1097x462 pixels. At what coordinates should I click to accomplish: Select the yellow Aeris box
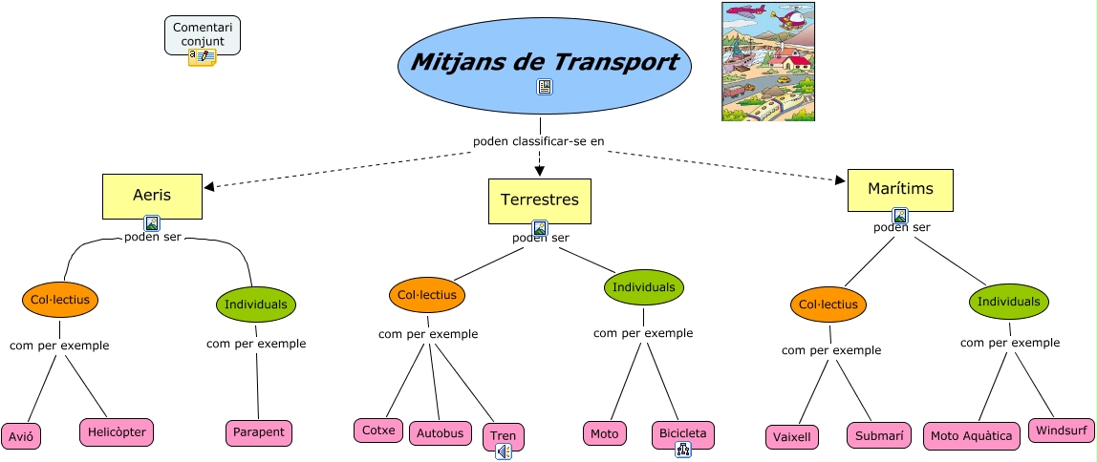tap(152, 196)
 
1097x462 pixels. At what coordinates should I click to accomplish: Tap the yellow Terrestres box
tap(539, 200)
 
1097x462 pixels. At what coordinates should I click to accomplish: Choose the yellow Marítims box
tap(899, 189)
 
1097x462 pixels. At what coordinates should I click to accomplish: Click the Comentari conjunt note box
tap(202, 35)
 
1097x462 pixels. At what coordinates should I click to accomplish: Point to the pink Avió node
tap(21, 437)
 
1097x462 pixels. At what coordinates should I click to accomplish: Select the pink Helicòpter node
tap(117, 431)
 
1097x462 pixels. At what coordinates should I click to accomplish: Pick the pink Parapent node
tap(259, 432)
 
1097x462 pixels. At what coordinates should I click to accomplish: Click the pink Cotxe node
tap(378, 430)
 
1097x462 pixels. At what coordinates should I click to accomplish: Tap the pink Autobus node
tap(441, 433)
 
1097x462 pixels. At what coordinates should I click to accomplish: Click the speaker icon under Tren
tap(504, 451)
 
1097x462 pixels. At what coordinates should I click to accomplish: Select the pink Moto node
tap(604, 433)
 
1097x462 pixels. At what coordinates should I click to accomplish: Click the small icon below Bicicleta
tap(682, 450)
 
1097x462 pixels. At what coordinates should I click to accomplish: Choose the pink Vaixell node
tap(792, 437)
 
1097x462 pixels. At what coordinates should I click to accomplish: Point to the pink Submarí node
tap(878, 435)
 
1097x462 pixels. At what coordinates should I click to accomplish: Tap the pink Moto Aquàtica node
tap(971, 436)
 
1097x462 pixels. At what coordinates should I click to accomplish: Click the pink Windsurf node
tap(1061, 430)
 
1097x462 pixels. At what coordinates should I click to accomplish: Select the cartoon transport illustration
tap(768, 61)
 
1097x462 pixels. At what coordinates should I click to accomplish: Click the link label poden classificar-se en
tap(539, 141)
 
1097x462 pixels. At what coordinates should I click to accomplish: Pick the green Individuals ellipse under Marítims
tap(1008, 302)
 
